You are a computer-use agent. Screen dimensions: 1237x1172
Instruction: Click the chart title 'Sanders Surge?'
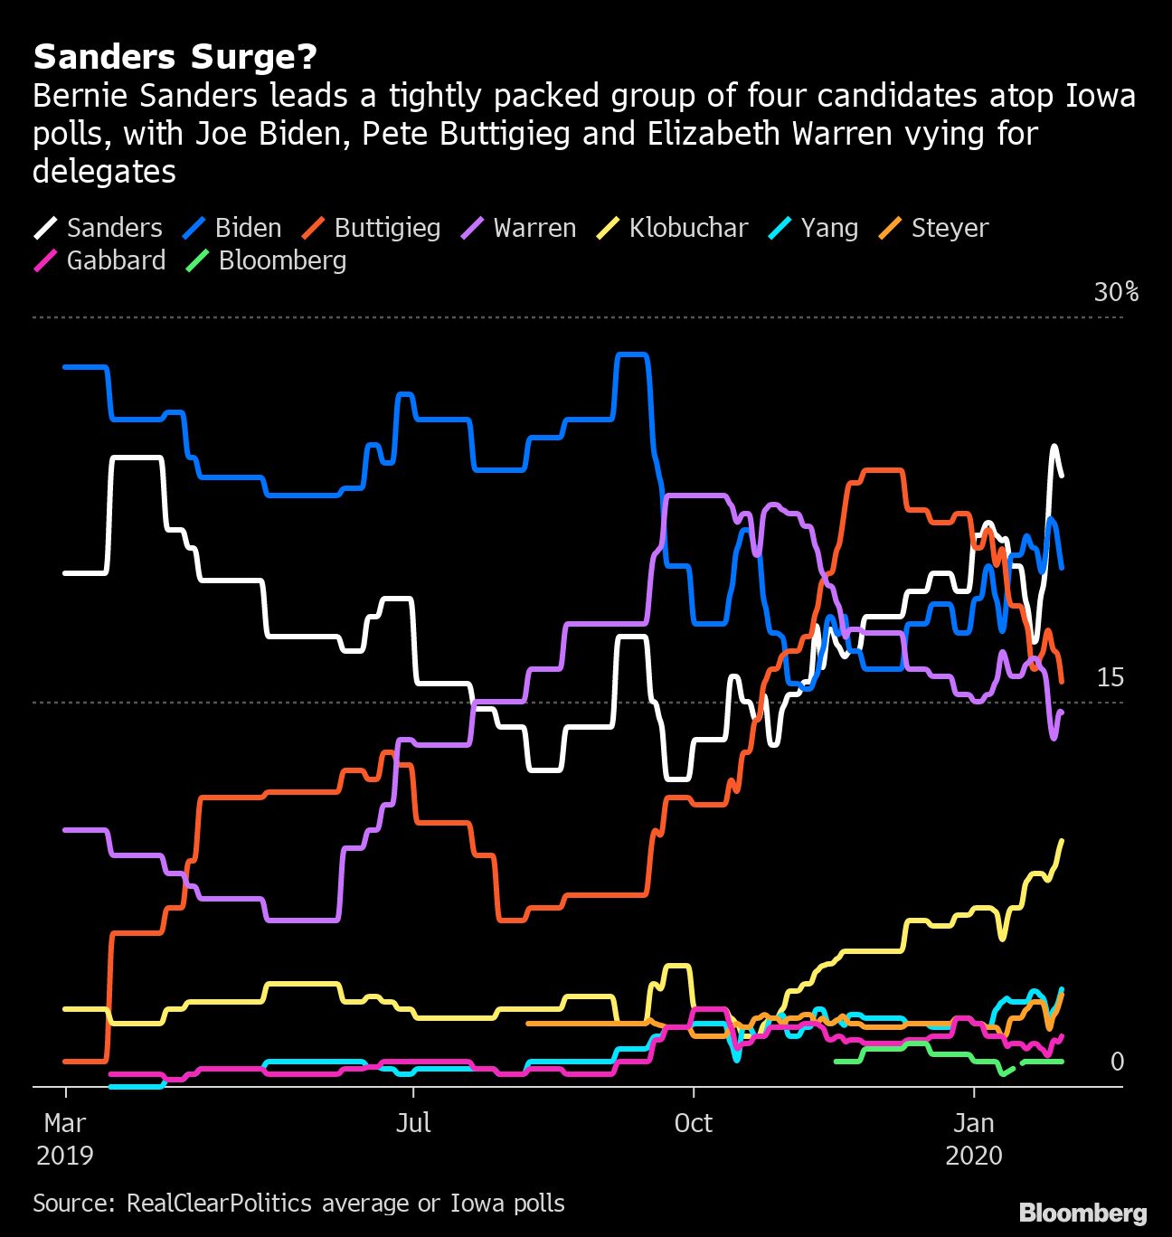pos(175,57)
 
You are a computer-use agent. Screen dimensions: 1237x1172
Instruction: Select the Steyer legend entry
pos(933,228)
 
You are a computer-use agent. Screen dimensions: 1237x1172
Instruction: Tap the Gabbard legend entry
pos(99,260)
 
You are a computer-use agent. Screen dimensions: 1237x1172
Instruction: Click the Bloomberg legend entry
pos(266,260)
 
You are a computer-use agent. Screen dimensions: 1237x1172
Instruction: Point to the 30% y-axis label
pos(1116,292)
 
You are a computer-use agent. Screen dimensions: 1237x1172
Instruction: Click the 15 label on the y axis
pos(1110,677)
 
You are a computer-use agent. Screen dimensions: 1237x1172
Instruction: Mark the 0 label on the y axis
pos(1117,1062)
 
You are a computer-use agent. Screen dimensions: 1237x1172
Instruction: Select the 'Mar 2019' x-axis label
pos(65,1138)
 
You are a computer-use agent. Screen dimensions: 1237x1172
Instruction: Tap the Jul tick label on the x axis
pos(413,1123)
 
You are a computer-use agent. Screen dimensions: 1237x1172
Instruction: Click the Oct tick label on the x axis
pos(693,1123)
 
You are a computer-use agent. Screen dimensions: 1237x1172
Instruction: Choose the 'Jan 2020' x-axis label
pos(974,1138)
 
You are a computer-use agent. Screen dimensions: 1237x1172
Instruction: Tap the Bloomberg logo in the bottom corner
pos(1082,1213)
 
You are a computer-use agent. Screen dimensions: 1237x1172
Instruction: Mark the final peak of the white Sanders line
pos(1054,447)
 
